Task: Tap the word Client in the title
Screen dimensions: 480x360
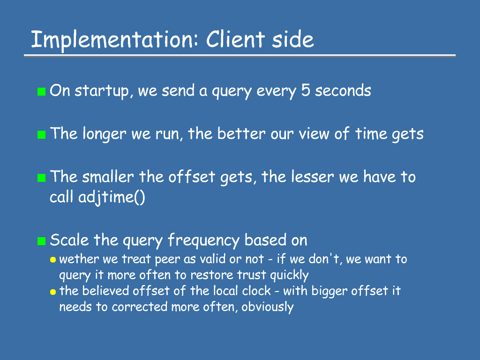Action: [235, 39]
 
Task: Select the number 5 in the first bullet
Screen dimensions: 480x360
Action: [306, 90]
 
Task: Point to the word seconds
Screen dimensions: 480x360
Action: [343, 90]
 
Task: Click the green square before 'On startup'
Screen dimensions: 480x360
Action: [41, 91]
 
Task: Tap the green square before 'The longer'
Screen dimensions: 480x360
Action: [41, 135]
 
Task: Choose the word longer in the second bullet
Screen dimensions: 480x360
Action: [105, 134]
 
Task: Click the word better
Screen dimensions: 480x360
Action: [241, 134]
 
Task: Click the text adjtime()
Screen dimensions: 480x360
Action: [112, 197]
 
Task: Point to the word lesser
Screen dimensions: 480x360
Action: [313, 177]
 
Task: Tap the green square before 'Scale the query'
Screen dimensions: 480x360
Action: [41, 241]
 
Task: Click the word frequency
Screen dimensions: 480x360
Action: [203, 240]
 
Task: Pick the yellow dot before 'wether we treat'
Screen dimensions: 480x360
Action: [53, 260]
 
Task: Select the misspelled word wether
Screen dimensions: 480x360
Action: [79, 259]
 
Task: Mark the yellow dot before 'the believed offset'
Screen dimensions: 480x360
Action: [53, 292]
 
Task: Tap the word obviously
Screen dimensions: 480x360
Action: [268, 307]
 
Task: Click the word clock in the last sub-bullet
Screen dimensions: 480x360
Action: [256, 291]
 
